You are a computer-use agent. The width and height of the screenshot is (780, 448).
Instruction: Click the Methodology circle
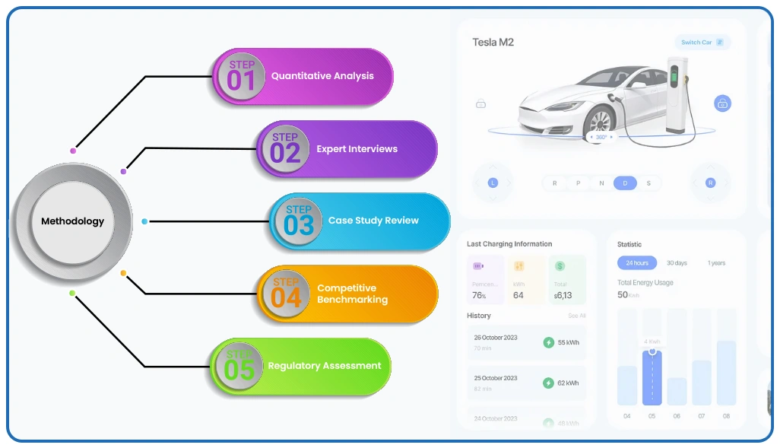tap(73, 221)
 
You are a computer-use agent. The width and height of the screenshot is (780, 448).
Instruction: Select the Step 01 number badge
tap(240, 76)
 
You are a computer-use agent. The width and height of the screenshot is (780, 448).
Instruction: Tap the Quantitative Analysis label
tap(322, 76)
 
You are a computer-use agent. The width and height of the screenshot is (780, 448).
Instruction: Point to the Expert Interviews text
tap(357, 149)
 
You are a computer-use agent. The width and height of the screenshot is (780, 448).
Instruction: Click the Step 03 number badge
tap(298, 221)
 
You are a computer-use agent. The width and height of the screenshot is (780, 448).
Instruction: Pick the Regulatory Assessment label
tap(325, 366)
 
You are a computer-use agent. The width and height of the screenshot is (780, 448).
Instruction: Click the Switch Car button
tap(702, 42)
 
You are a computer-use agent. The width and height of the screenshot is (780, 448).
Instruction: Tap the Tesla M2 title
tap(493, 42)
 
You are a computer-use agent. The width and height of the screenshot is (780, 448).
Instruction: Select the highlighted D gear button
tap(625, 183)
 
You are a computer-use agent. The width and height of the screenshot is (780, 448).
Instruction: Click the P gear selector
tap(578, 183)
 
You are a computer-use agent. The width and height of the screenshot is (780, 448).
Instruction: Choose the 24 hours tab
tap(637, 263)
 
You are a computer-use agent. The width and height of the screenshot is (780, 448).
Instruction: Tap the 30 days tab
tap(677, 263)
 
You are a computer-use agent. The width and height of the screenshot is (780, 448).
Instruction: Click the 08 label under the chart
tap(726, 416)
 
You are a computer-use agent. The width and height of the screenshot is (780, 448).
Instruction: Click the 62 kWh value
tap(568, 383)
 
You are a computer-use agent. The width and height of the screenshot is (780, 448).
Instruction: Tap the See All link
tap(577, 316)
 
